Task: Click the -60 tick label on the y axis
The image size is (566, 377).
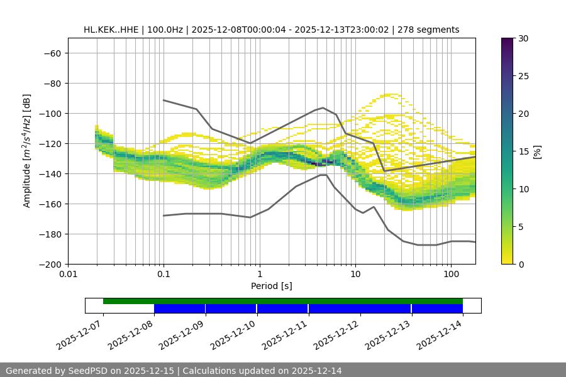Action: (52, 53)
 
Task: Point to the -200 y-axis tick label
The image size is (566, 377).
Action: (49, 265)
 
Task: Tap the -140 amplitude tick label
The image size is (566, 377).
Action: (49, 174)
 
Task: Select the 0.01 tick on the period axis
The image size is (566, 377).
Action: (68, 275)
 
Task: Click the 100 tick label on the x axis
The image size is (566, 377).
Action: (451, 275)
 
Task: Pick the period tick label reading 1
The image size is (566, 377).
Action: (259, 275)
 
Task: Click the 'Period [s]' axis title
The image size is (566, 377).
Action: (271, 286)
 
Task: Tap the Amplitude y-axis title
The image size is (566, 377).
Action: (26, 151)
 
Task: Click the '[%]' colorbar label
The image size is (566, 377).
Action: (537, 151)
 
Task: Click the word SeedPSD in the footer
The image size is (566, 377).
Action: (89, 371)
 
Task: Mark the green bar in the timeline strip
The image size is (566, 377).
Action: (283, 301)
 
